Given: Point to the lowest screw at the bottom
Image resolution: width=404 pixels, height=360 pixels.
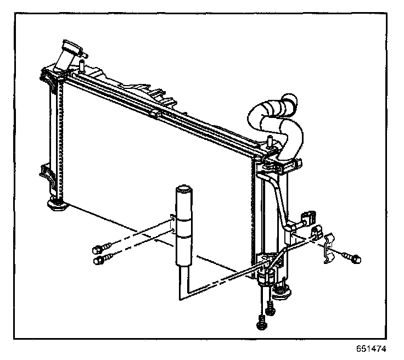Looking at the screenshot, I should tap(261, 323).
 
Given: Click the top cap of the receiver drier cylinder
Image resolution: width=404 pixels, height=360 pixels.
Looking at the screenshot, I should tap(182, 192).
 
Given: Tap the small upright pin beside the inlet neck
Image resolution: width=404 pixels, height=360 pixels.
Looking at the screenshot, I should tap(81, 66).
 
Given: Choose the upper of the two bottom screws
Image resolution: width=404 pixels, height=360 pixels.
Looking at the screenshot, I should tap(269, 307).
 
